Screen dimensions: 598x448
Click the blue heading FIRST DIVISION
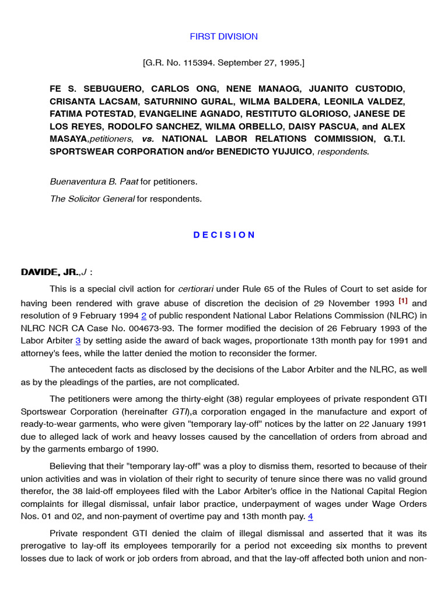coord(223,36)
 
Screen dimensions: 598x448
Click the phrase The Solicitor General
coord(92,199)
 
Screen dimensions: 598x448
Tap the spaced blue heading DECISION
coord(224,235)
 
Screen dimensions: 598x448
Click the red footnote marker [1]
coord(403,301)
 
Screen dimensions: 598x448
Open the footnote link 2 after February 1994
coord(143,315)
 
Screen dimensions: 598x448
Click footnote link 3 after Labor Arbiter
coord(77,340)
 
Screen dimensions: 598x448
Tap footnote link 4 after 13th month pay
coord(310,516)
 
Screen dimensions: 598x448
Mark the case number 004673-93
coord(152,328)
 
